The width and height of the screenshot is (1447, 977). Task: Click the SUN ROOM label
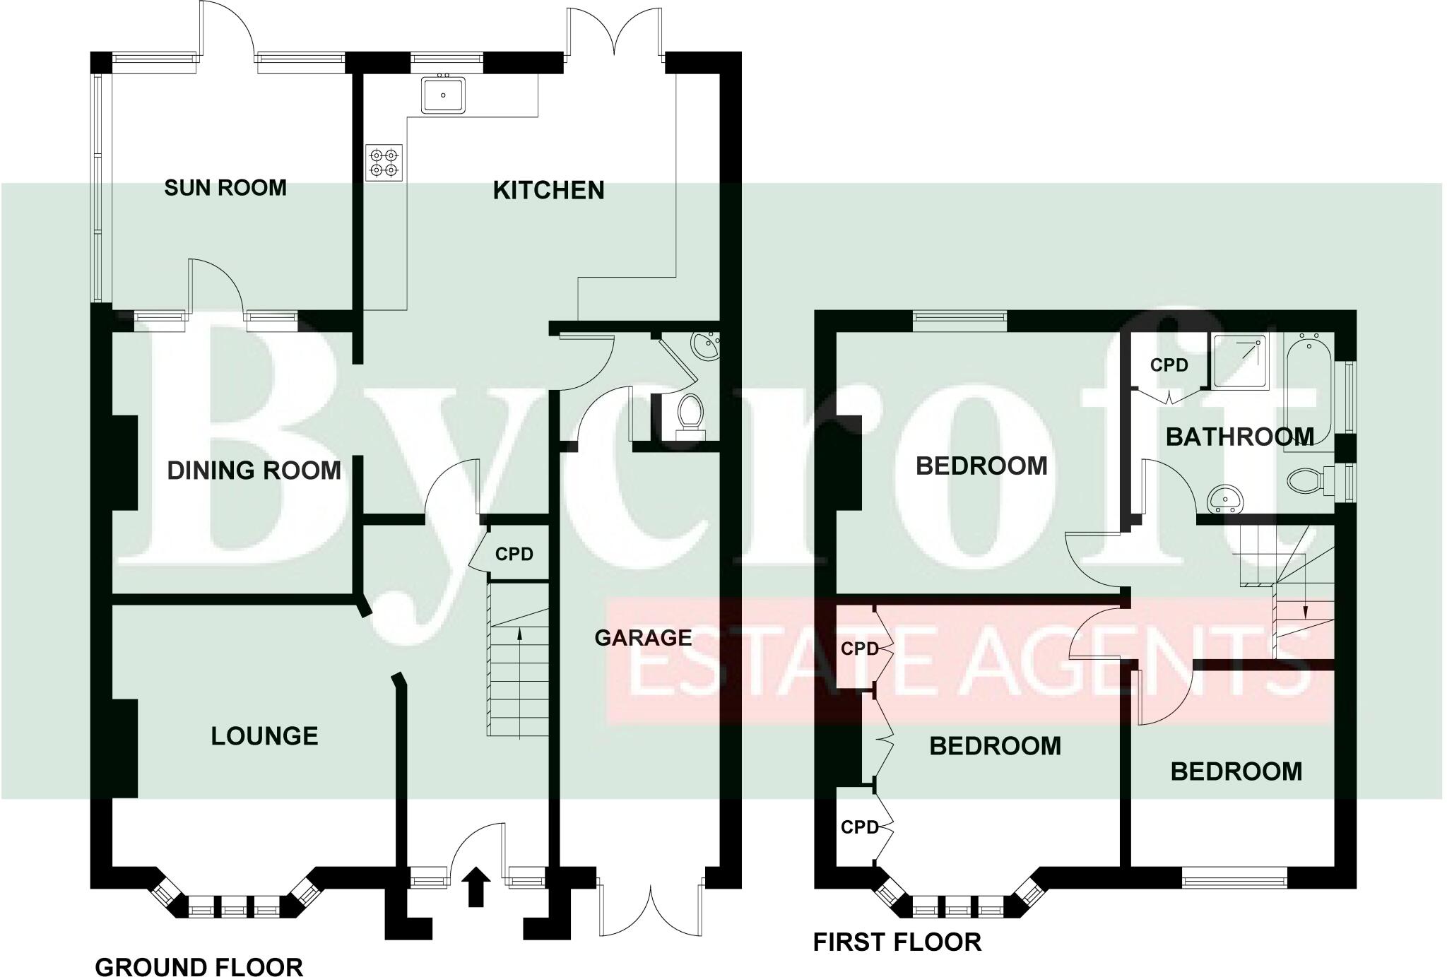[x=225, y=188]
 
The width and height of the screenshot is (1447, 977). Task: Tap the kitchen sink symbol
[x=443, y=95]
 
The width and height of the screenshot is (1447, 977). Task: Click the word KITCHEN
[x=548, y=191]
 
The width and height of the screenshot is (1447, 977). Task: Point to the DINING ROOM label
[x=254, y=470]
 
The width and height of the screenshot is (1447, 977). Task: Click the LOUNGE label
[x=264, y=736]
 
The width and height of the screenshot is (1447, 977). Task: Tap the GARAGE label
[x=643, y=638]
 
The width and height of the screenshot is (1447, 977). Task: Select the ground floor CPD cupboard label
[x=514, y=555]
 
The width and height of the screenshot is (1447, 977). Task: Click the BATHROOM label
[x=1239, y=437]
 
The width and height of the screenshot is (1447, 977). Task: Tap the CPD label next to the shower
[x=1169, y=366]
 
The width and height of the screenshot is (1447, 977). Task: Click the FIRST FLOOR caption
[x=897, y=942]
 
